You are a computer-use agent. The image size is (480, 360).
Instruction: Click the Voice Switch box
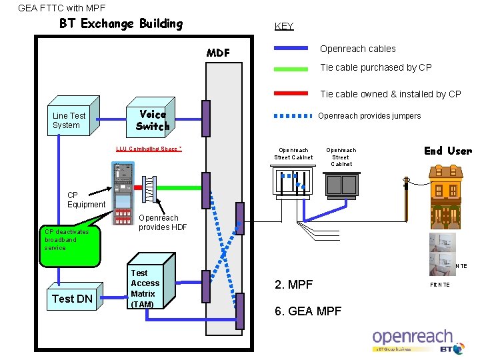coord(153,120)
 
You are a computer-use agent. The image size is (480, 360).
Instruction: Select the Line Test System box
coord(71,120)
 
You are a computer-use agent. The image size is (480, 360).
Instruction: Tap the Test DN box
coord(72,299)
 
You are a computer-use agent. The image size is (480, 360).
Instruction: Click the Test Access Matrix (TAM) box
coord(145,289)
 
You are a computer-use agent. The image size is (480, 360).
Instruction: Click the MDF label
coord(218,53)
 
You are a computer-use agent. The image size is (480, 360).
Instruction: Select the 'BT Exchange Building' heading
coord(121,24)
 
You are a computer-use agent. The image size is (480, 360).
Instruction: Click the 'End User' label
coord(447,151)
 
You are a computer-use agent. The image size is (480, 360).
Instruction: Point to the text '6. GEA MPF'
coord(308,312)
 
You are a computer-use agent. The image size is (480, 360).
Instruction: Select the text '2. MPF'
coord(294,285)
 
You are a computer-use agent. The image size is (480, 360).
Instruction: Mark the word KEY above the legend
coord(284,27)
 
